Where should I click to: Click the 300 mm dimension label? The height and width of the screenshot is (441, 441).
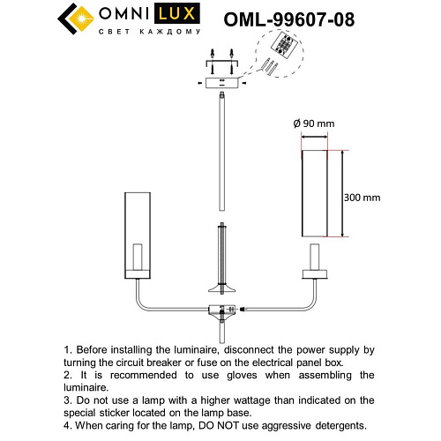(362, 198)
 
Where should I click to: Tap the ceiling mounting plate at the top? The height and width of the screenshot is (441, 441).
(220, 82)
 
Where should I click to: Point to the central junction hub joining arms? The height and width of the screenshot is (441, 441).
(220, 310)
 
